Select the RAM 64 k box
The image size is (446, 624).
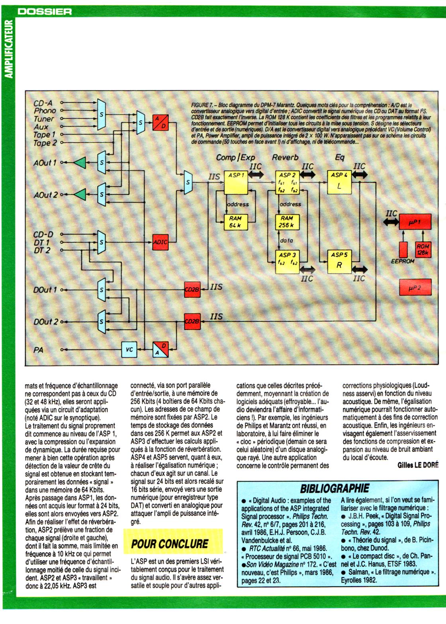click(236, 222)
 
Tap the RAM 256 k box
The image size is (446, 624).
click(287, 222)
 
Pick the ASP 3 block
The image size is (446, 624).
click(287, 261)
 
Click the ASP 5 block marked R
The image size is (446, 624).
click(339, 261)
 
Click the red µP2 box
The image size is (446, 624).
click(415, 287)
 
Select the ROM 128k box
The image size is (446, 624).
click(423, 250)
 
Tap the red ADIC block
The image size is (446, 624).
click(160, 242)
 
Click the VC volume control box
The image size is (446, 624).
click(129, 350)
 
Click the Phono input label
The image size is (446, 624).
click(45, 111)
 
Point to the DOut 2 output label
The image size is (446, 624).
click(45, 322)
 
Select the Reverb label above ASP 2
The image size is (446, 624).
click(285, 157)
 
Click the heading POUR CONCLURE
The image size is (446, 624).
click(170, 544)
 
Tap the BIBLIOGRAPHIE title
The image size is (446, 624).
click(334, 488)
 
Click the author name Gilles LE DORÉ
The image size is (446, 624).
click(418, 465)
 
